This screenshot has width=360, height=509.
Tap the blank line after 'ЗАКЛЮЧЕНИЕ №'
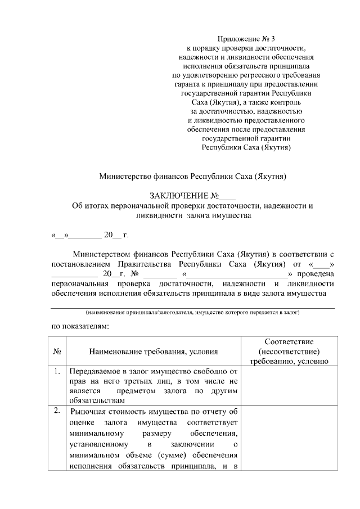click(x=227, y=197)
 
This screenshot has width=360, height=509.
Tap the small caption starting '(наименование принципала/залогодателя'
click(x=192, y=312)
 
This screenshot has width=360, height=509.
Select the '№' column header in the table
click(x=57, y=352)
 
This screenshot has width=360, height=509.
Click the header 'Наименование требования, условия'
click(x=153, y=352)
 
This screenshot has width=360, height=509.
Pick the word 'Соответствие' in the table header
click(x=289, y=342)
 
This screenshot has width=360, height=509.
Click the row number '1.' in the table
click(x=57, y=371)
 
